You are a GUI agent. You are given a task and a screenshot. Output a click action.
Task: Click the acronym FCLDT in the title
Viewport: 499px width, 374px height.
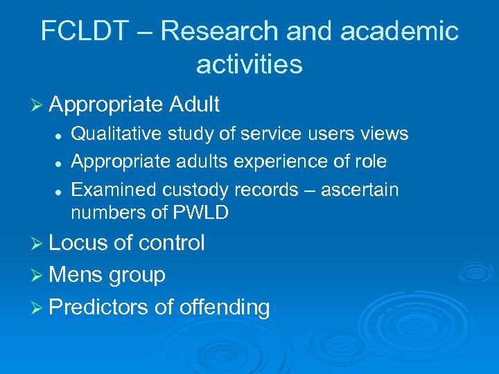[82, 31]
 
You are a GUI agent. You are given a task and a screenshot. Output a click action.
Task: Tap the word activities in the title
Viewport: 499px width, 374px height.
[249, 64]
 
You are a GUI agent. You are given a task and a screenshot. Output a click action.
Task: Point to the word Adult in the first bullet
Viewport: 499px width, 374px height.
[193, 105]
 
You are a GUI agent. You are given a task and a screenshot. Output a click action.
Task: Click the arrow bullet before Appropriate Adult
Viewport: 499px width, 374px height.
[38, 105]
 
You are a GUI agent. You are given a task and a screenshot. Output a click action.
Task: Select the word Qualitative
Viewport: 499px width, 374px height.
[115, 134]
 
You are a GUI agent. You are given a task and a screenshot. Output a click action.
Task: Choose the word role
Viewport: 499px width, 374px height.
[369, 161]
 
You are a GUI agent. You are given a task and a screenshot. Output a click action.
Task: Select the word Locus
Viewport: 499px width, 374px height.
[77, 243]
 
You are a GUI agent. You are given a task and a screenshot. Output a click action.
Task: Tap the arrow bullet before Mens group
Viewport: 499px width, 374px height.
[38, 276]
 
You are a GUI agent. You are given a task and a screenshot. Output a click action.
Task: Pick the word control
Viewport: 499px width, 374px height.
[171, 243]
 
